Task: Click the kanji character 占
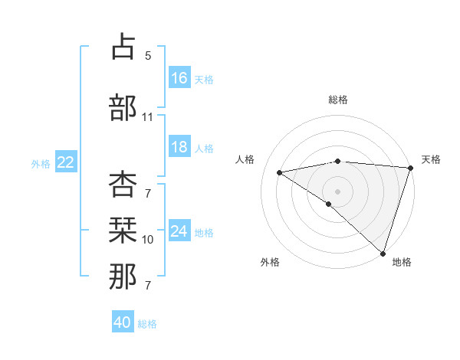pos(123,47)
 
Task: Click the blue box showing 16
pos(179,78)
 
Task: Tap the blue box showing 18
pos(179,147)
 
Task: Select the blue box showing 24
pos(179,231)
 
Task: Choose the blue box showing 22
pos(65,162)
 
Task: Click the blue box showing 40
pos(123,322)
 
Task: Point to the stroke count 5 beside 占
pos(148,56)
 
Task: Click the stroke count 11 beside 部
pos(148,117)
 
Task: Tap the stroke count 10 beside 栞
pos(148,240)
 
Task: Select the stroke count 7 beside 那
pos(148,286)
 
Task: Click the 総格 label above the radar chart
pos(338,100)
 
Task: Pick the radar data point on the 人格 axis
pos(279,172)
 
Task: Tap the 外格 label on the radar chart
pos(270,262)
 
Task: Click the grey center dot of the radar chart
pos(337,190)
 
